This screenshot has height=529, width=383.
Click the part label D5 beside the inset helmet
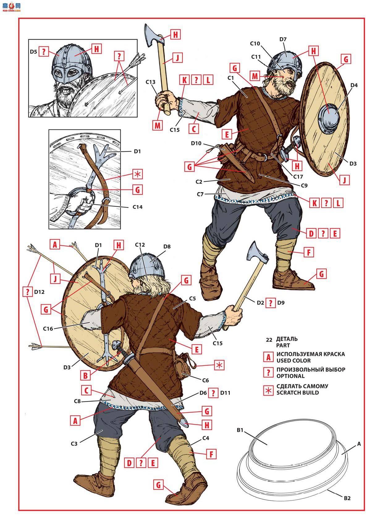coord(34,52)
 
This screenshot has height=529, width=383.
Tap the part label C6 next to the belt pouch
coord(205,380)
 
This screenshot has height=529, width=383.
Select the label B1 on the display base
coord(241,430)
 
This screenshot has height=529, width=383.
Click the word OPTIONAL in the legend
coord(290,376)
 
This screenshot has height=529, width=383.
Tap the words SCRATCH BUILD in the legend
coord(298,393)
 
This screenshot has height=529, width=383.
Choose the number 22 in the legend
coord(269,340)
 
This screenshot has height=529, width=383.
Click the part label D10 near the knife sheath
coord(196,143)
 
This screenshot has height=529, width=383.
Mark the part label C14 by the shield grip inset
coord(137,207)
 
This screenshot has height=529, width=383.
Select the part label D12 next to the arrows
coord(40,291)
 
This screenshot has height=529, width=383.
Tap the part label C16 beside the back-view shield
coord(48,328)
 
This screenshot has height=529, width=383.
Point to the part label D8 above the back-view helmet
coord(167,247)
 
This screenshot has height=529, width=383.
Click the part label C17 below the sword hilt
coord(298,177)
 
